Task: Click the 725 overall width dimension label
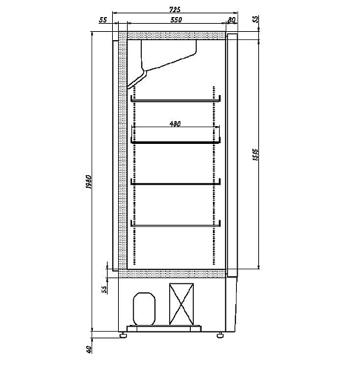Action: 175,10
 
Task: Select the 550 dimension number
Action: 176,19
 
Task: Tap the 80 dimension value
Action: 232,20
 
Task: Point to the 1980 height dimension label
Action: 88,182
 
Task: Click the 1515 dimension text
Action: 255,155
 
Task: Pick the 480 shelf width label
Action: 175,124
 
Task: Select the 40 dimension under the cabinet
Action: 89,349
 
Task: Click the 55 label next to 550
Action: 103,20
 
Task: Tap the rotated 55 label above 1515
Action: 256,19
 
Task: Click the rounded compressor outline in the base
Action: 144,309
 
